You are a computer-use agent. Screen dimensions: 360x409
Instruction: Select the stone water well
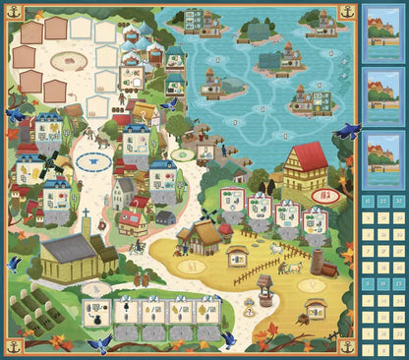263,287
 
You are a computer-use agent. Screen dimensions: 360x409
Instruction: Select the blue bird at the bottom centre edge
227,339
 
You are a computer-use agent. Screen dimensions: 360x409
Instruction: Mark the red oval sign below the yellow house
321,196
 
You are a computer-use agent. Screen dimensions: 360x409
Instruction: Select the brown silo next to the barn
317,262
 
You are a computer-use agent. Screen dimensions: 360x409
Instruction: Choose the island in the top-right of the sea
325,19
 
